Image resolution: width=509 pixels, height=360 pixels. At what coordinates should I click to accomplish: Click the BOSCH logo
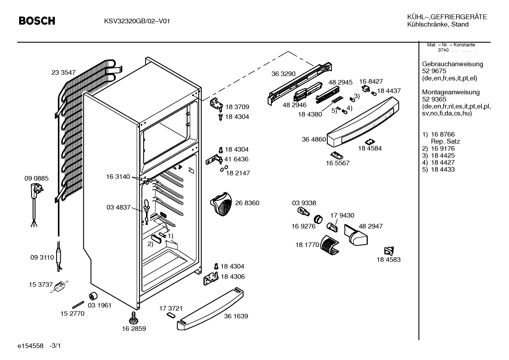click(x=37, y=21)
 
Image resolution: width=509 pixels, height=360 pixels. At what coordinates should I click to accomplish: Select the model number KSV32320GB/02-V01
click(x=137, y=21)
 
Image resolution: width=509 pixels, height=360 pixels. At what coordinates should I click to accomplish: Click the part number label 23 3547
click(x=64, y=72)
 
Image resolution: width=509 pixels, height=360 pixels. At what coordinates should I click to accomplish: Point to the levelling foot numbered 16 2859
click(x=133, y=318)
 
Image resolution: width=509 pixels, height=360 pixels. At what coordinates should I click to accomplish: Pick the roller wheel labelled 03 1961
click(x=93, y=296)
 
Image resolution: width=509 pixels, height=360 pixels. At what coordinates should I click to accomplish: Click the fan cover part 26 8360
click(x=221, y=204)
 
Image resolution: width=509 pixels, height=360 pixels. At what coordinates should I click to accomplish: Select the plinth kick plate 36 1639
click(x=210, y=309)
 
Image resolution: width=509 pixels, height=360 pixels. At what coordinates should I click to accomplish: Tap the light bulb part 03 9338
click(x=303, y=212)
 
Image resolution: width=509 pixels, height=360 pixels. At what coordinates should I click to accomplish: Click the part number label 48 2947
click(x=371, y=226)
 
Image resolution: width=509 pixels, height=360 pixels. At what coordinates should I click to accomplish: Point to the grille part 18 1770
click(x=329, y=245)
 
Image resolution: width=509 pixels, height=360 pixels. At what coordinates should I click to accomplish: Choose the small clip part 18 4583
click(x=389, y=251)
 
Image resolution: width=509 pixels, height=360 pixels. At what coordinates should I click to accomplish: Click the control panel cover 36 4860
click(x=363, y=122)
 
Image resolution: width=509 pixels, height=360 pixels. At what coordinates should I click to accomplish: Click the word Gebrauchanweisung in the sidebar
click(x=453, y=64)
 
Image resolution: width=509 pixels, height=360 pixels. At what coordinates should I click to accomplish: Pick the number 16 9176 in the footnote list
click(x=443, y=148)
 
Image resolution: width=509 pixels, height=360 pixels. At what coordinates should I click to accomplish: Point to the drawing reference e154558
click(x=30, y=346)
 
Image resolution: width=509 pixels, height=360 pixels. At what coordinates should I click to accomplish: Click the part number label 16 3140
click(x=118, y=177)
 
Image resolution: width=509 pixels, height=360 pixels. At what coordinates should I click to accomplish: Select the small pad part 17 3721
click(x=171, y=315)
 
